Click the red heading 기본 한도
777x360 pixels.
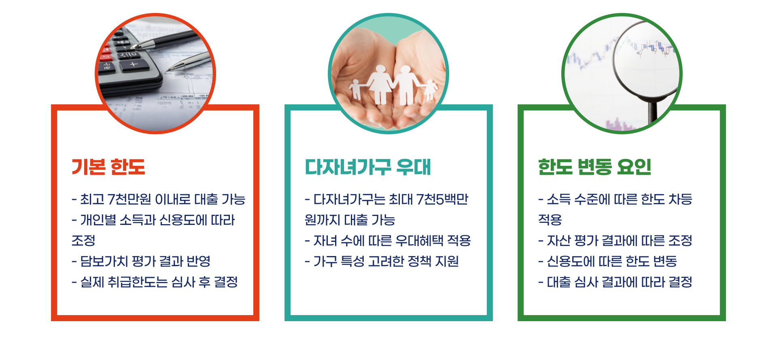coord(108,167)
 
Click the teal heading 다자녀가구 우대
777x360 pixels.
coord(367,167)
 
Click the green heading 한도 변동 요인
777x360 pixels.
coord(594,167)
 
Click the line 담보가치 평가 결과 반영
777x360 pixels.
coord(141,261)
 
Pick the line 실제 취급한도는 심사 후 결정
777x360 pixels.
coord(155,282)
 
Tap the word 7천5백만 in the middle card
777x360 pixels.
coord(442,199)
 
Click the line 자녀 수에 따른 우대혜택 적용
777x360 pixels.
coord(388,241)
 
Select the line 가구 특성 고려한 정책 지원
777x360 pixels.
coord(382,261)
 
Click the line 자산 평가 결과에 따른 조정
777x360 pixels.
coord(615,241)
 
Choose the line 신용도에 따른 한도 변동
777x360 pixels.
coord(607,261)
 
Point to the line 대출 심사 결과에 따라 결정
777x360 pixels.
coord(615,282)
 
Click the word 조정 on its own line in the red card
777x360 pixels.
coord(83,241)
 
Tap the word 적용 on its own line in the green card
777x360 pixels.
coord(550,220)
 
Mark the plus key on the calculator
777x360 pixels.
coord(134,64)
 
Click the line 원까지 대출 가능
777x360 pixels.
coord(350,220)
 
